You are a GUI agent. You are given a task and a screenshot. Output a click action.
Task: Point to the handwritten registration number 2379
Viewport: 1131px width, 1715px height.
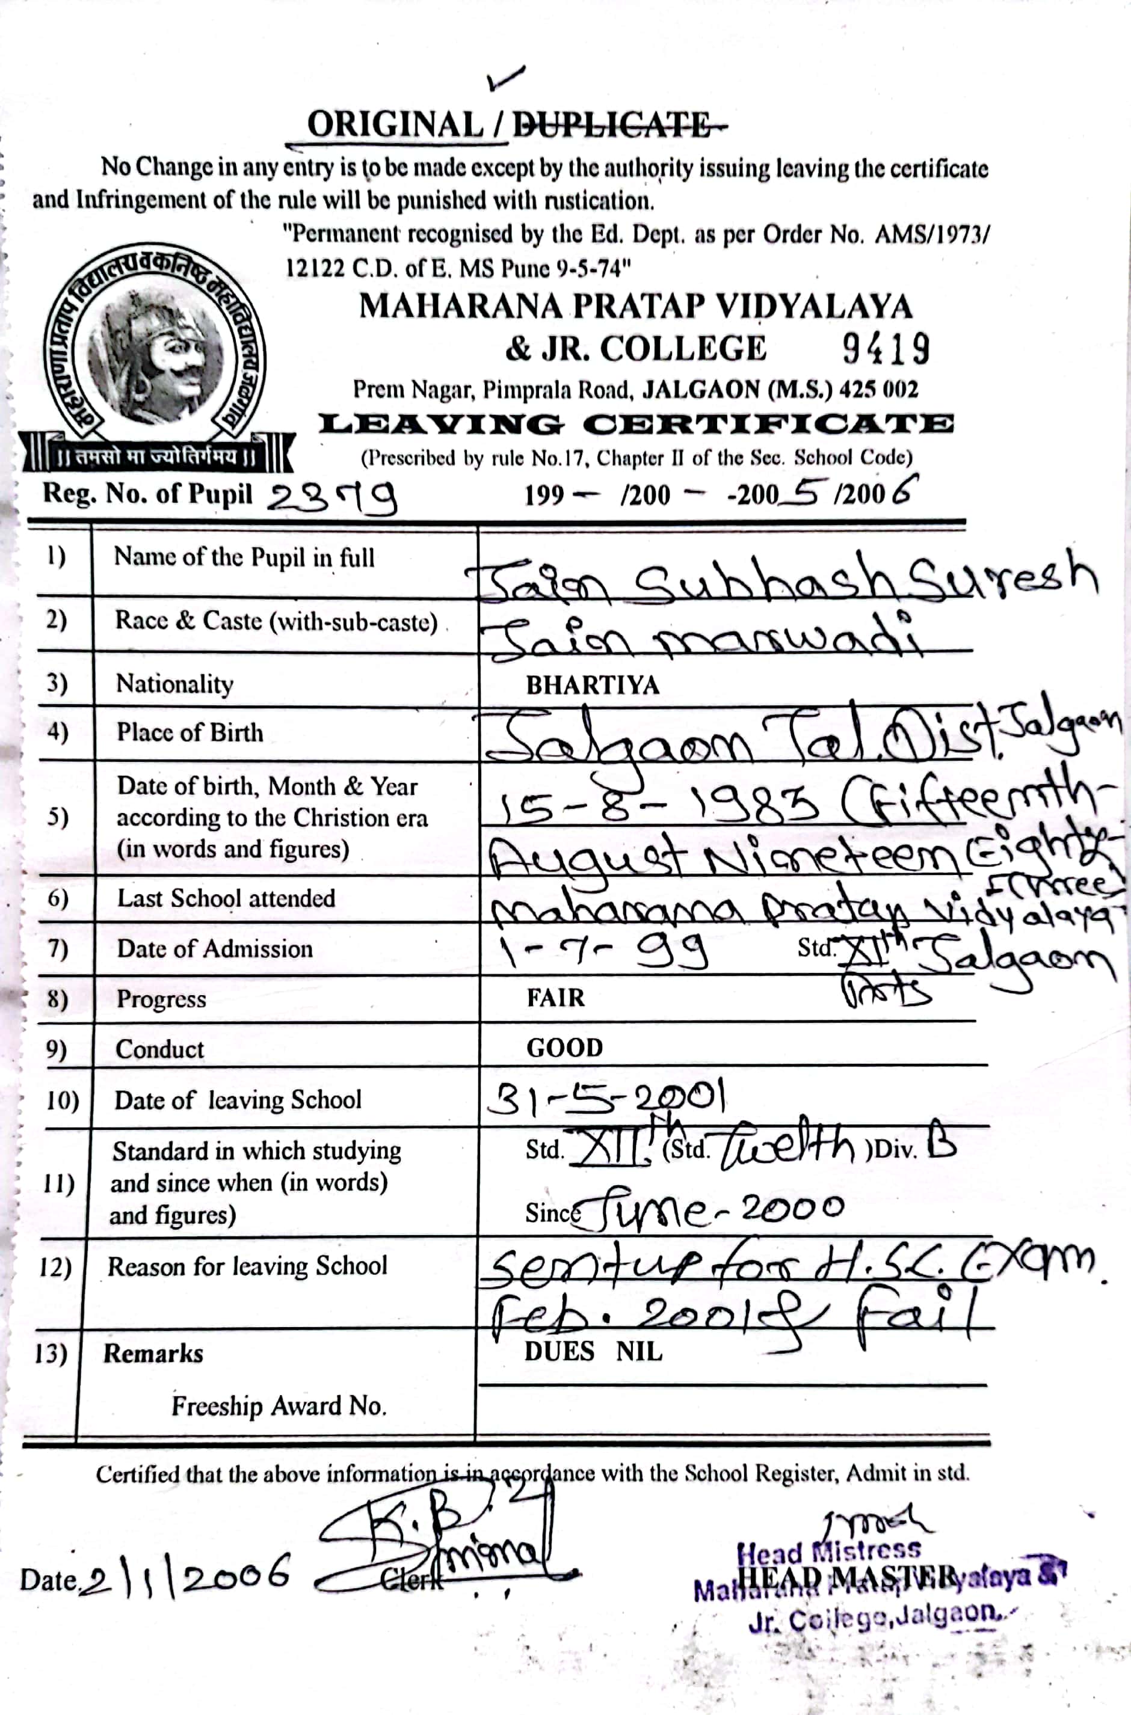click(x=332, y=497)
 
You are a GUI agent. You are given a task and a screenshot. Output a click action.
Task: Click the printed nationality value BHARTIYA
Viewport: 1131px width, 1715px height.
click(x=593, y=685)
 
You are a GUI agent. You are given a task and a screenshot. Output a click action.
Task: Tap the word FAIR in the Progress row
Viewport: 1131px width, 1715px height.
click(x=555, y=998)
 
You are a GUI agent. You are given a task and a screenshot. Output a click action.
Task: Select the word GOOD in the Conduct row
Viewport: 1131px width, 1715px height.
click(x=564, y=1048)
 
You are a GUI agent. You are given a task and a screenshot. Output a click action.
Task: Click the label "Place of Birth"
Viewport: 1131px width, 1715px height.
click(x=190, y=732)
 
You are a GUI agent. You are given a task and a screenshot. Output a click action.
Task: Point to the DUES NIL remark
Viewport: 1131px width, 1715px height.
click(x=593, y=1351)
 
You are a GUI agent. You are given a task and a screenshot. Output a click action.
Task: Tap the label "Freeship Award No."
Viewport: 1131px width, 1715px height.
click(x=279, y=1406)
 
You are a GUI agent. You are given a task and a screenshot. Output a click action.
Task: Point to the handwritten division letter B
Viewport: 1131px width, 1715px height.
click(x=942, y=1138)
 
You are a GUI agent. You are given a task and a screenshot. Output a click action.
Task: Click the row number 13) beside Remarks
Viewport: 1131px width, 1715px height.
click(x=51, y=1354)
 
